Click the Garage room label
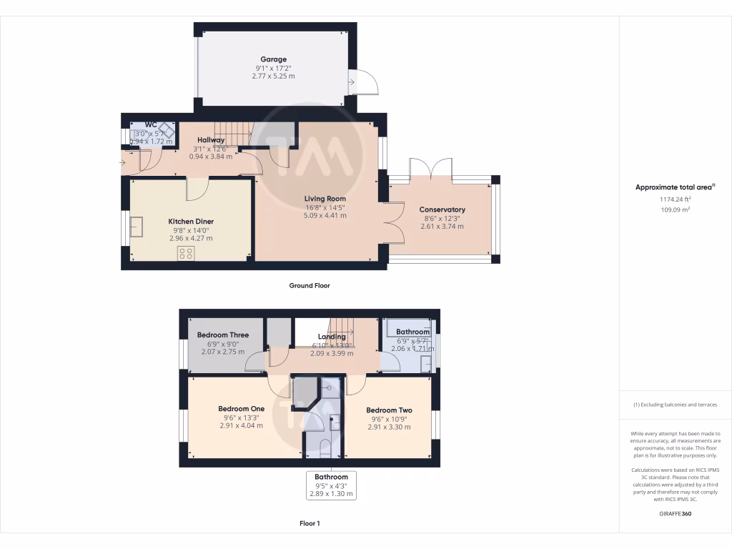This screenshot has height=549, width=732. click(x=273, y=59)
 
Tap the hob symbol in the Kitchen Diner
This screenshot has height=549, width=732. click(x=187, y=253)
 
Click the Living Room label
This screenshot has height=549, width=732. click(x=325, y=199)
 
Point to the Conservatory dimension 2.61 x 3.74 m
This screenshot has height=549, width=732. click(x=442, y=227)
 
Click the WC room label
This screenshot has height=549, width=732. click(x=151, y=124)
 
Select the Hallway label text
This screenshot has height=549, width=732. click(x=211, y=140)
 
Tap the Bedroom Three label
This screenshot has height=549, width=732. click(x=223, y=335)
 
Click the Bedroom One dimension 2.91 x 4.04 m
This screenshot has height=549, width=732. click(x=241, y=425)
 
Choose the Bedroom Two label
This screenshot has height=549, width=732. click(x=389, y=410)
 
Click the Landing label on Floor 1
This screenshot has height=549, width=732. click(x=332, y=337)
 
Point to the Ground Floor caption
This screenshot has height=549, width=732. click(x=309, y=285)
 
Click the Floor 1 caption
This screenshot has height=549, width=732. click(x=309, y=523)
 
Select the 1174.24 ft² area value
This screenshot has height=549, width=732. click(x=675, y=200)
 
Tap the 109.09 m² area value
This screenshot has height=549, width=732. click(x=675, y=210)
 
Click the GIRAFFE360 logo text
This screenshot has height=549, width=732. click(x=675, y=513)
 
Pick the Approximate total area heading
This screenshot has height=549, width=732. click(x=675, y=187)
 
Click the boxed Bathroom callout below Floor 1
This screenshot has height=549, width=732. click(x=331, y=485)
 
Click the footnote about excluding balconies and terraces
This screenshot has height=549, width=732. click(x=675, y=405)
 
